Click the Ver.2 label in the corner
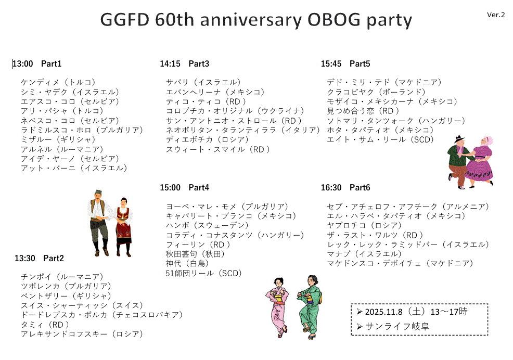(x=495, y=15)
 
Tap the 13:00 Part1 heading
(x=37, y=64)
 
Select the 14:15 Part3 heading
(x=184, y=64)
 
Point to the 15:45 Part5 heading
(x=345, y=64)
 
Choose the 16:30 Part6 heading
(x=345, y=187)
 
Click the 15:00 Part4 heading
(x=184, y=187)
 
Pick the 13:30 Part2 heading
(x=39, y=258)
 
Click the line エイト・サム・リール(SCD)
(x=380, y=139)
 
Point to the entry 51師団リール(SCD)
(x=203, y=273)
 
